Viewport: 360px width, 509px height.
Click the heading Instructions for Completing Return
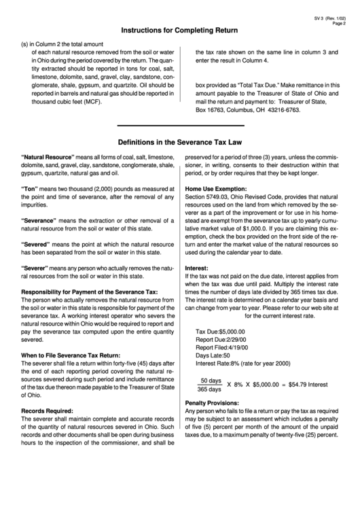point(179,31)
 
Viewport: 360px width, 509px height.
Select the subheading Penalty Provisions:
point(216,421)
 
